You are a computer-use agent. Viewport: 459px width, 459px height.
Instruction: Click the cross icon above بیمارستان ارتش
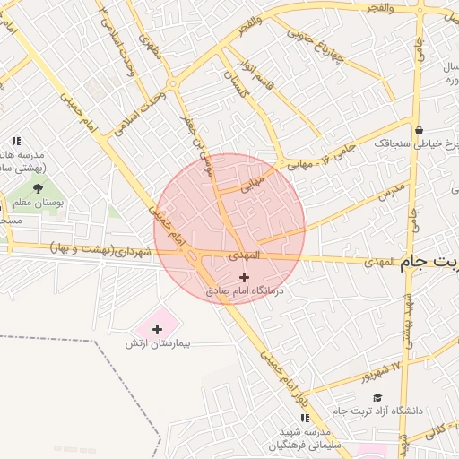coord(158,330)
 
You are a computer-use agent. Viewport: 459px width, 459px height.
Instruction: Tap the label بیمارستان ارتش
coord(159,344)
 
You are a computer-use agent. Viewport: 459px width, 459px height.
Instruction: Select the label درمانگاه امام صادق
coord(244,290)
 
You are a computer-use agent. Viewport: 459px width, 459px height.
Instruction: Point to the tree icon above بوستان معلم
coord(38,187)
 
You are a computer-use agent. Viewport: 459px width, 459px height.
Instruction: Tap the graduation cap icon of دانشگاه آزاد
coord(377,397)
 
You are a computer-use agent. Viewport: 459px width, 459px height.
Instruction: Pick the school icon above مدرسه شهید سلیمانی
coord(305,418)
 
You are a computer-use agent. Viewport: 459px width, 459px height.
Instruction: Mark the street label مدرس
coord(391,190)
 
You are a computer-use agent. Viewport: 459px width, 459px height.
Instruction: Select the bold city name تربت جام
coord(429,262)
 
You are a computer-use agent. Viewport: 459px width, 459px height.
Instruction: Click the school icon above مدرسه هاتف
coord(16,140)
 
